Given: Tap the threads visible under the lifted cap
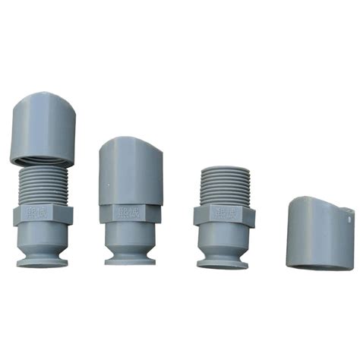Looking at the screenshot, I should tap(44, 184).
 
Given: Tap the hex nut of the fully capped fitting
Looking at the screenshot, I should tap(130, 213).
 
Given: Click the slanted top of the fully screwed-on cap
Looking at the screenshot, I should tap(131, 144).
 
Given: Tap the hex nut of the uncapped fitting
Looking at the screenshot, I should tap(223, 216).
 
